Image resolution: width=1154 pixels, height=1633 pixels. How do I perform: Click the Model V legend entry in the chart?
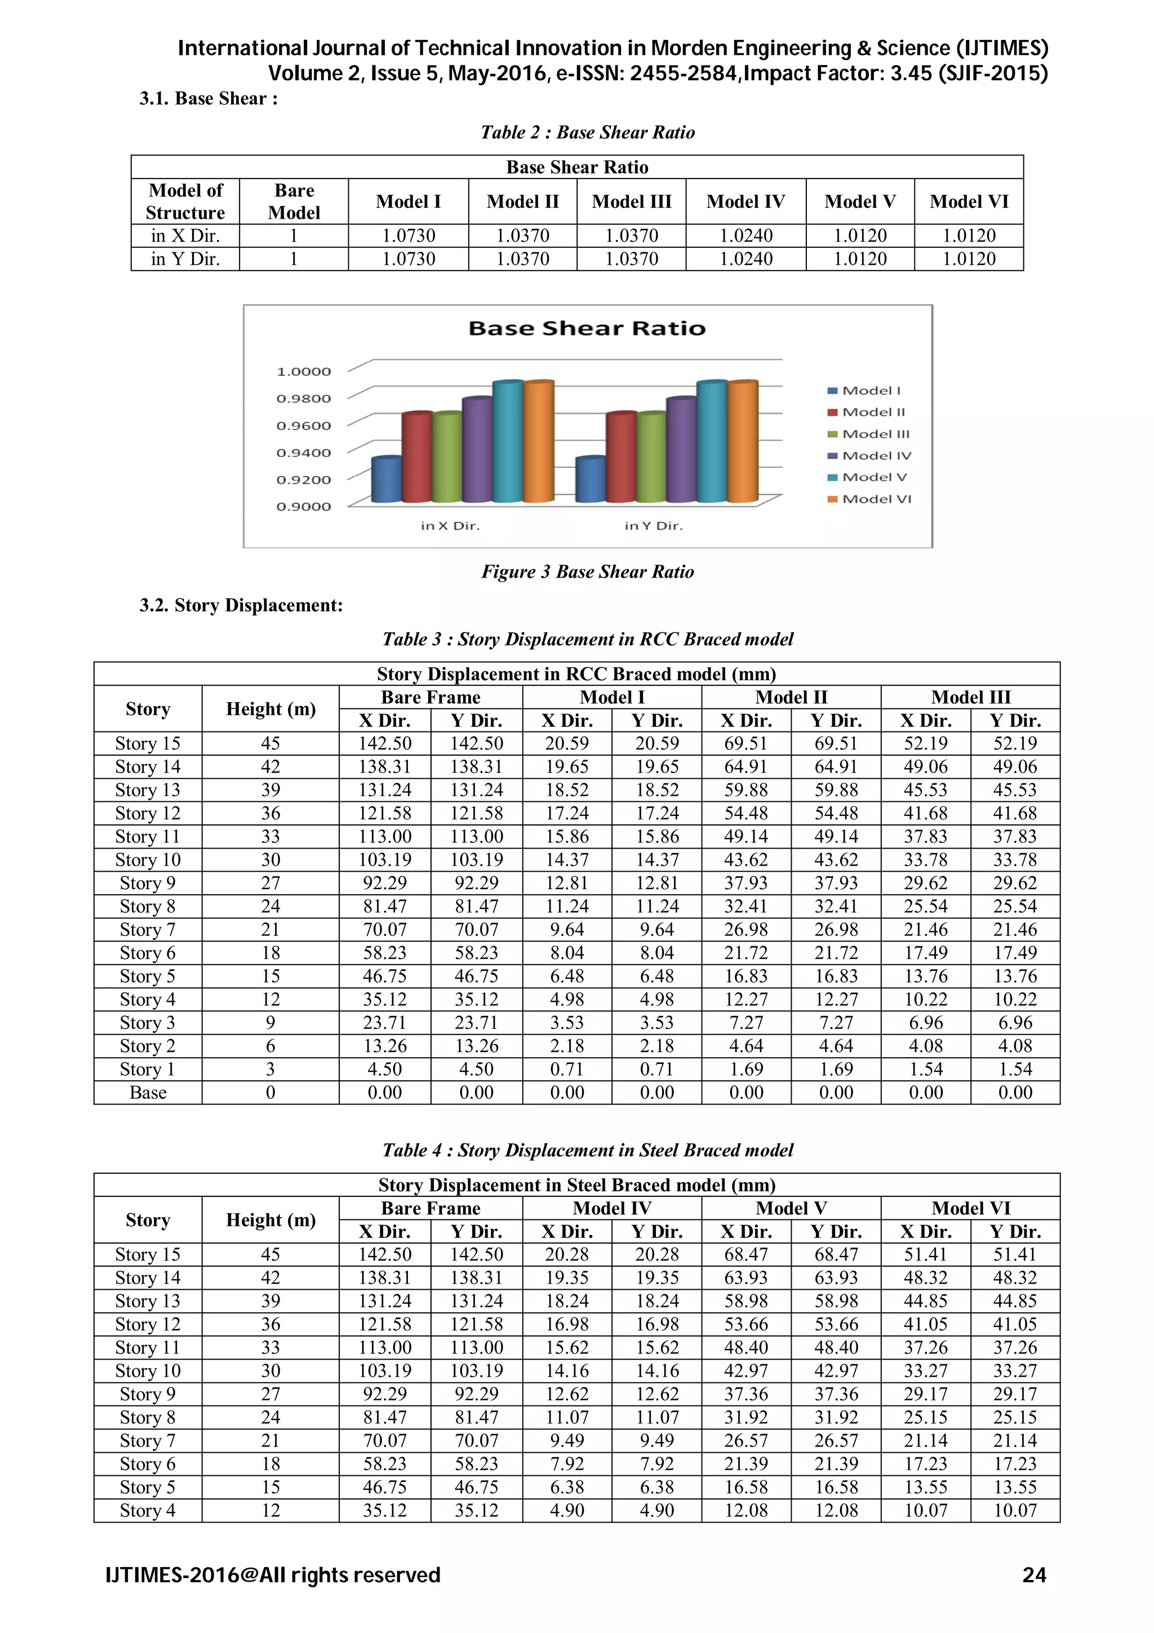(x=873, y=477)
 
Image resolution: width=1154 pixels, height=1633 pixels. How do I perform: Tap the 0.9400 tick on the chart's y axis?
(x=304, y=453)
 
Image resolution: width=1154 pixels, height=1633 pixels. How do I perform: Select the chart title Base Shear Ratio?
(x=587, y=329)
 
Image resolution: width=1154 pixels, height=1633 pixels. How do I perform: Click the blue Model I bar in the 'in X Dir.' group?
(x=387, y=481)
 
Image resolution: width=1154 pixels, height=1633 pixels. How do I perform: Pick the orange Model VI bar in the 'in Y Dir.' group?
(x=742, y=442)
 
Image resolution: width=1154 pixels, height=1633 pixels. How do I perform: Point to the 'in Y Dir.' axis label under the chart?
(x=653, y=526)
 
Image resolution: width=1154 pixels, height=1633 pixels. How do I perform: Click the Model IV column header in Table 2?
(x=745, y=202)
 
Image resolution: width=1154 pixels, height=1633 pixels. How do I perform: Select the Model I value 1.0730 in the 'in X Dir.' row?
(x=408, y=236)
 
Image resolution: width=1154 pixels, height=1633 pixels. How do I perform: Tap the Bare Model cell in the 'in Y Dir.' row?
(x=294, y=259)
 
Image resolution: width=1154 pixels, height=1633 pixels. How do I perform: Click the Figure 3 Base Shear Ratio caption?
(x=587, y=572)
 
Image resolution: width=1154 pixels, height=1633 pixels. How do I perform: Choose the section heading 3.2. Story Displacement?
(x=241, y=605)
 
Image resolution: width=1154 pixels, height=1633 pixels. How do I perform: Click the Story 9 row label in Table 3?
(x=147, y=884)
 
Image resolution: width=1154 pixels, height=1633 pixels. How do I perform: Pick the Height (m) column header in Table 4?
(x=270, y=1221)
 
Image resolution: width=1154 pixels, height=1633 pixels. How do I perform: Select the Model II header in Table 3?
(x=791, y=697)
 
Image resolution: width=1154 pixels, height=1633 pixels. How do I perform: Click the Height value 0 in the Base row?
(x=270, y=1093)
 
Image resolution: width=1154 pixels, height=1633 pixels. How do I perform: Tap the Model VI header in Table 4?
(x=970, y=1208)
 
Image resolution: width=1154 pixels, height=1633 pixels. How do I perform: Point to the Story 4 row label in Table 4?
(x=147, y=1510)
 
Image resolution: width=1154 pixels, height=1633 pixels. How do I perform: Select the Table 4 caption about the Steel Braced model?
(x=587, y=1150)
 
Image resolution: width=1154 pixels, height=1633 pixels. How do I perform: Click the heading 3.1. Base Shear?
(x=208, y=99)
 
